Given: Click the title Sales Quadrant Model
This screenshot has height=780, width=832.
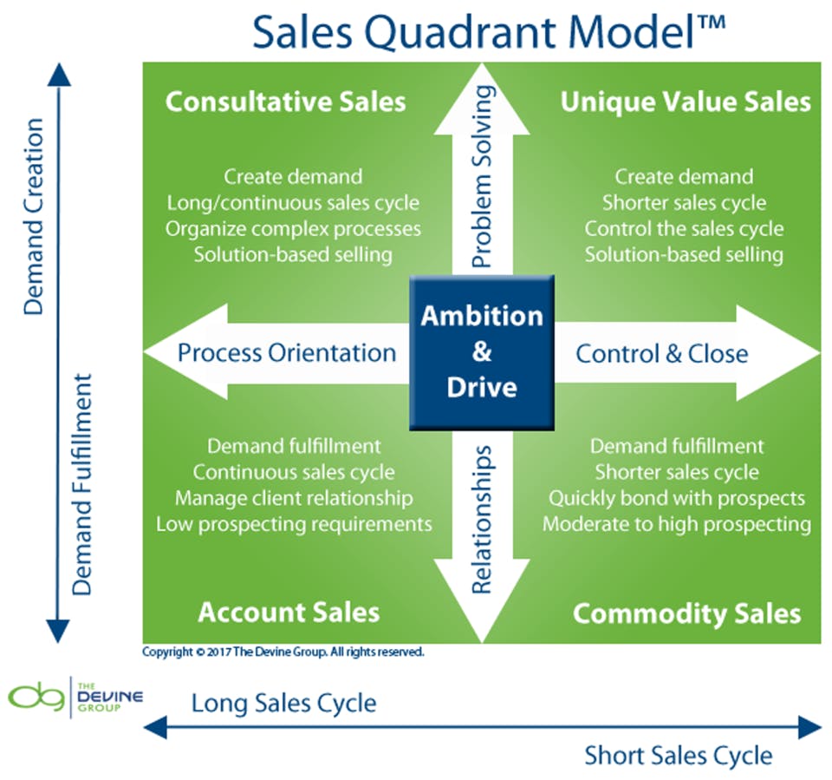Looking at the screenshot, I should pyautogui.click(x=488, y=31).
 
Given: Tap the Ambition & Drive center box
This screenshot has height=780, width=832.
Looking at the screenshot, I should pyautogui.click(x=482, y=351).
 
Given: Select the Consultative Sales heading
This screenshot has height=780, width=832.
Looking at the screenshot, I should pyautogui.click(x=285, y=102).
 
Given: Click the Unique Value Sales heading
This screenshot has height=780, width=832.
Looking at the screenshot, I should pyautogui.click(x=685, y=102).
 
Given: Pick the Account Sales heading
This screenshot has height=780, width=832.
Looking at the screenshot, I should pyautogui.click(x=289, y=613).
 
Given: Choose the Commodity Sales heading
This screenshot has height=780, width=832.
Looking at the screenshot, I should pyautogui.click(x=686, y=613).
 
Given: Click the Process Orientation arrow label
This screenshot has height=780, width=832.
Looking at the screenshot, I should pyautogui.click(x=286, y=352).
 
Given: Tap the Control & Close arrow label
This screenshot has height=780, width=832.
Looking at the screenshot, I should pyautogui.click(x=662, y=353).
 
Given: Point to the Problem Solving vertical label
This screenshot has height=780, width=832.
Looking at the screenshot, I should pyautogui.click(x=483, y=176).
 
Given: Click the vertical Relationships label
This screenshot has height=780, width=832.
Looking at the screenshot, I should pyautogui.click(x=483, y=520).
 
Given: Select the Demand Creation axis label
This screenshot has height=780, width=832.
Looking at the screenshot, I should pyautogui.click(x=34, y=216).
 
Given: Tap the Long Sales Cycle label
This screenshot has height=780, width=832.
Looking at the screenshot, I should pyautogui.click(x=284, y=702).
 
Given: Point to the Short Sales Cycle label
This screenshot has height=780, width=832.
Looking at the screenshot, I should pyautogui.click(x=678, y=754).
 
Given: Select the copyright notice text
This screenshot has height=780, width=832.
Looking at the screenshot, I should pyautogui.click(x=283, y=651).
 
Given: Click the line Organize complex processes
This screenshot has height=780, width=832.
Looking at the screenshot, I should pyautogui.click(x=293, y=229).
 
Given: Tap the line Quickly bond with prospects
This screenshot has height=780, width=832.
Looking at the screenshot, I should pyautogui.click(x=677, y=499).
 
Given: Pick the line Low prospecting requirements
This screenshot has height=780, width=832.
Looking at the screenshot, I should pyautogui.click(x=294, y=524).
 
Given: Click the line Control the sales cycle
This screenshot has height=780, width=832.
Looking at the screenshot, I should pyautogui.click(x=684, y=229).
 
